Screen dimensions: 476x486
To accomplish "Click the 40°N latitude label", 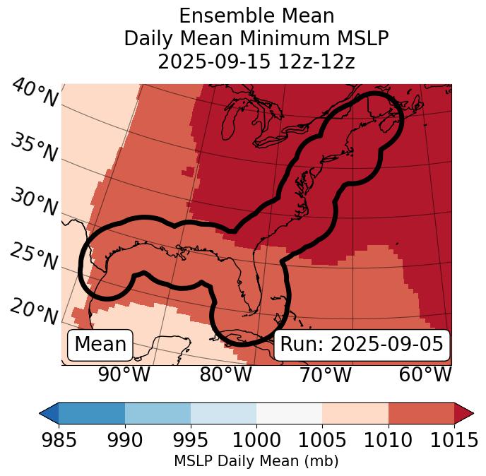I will [35, 94].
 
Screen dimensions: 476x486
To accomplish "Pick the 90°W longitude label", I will [124, 374].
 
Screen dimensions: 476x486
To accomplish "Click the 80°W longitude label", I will [225, 374].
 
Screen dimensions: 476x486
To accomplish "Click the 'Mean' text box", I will [100, 345].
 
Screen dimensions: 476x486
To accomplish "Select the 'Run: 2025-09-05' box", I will [362, 345].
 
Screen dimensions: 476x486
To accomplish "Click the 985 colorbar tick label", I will [59, 440].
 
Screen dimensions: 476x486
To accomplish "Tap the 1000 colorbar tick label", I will [256, 440].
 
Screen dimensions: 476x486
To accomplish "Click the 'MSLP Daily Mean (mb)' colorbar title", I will [256, 461].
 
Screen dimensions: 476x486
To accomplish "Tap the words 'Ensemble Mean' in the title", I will [256, 16].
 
